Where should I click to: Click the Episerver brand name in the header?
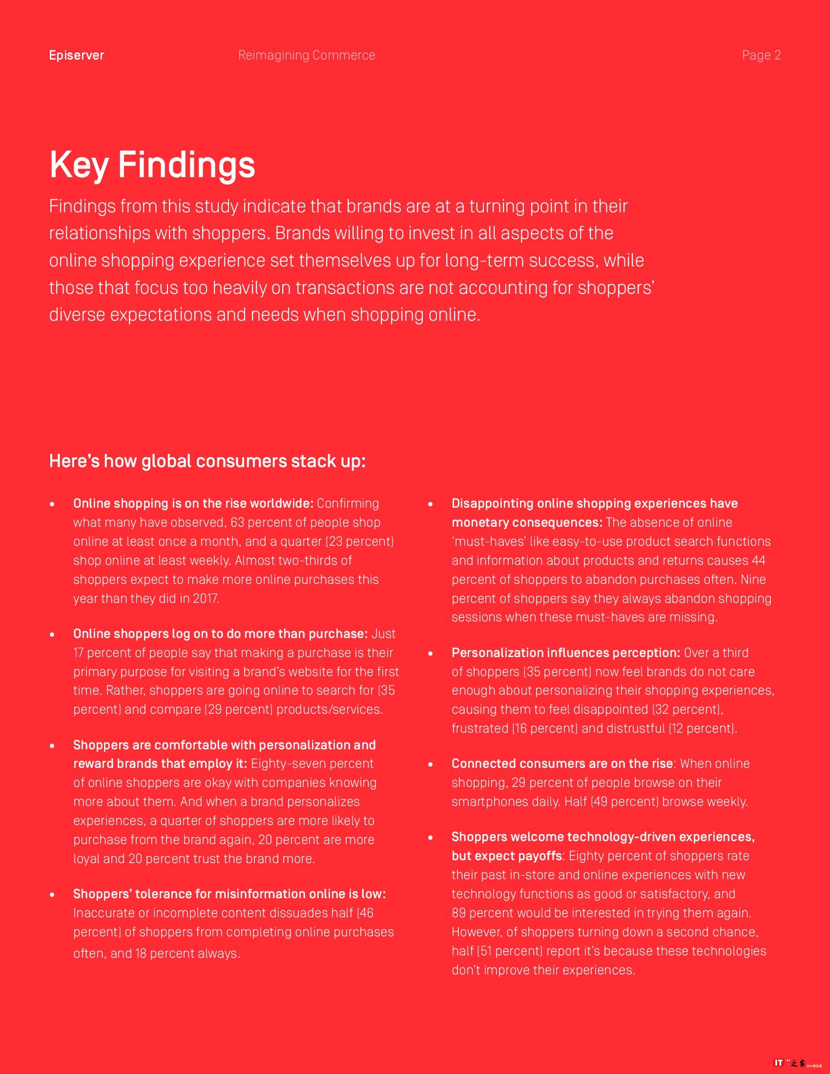pos(76,55)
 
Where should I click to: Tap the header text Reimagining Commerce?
pos(306,55)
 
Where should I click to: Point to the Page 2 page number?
pos(761,55)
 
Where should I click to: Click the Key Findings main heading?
pos(152,165)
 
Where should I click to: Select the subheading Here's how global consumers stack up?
pos(207,461)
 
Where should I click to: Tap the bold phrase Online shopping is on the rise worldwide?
pos(193,504)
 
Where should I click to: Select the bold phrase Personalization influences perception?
pos(565,653)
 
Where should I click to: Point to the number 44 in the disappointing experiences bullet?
pos(758,560)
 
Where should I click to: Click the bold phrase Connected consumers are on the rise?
pos(562,764)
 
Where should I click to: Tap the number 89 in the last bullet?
pos(459,913)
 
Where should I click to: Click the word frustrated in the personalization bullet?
pos(479,728)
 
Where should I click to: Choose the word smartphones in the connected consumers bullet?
pos(491,802)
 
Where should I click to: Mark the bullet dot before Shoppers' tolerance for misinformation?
pos(52,895)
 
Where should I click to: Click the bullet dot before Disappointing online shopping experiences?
pos(430,505)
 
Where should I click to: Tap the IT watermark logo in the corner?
pos(779,1063)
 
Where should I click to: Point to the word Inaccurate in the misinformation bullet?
pos(104,913)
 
